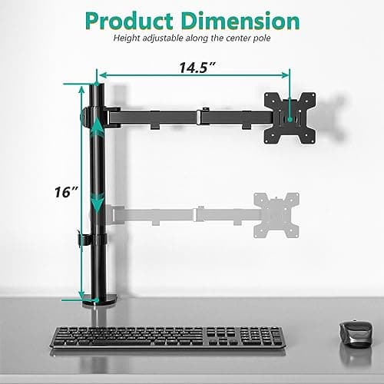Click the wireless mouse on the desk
tap(353, 332)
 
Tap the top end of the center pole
tap(98, 86)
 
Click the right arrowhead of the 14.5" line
tap(288, 75)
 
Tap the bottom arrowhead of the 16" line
tap(80, 297)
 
